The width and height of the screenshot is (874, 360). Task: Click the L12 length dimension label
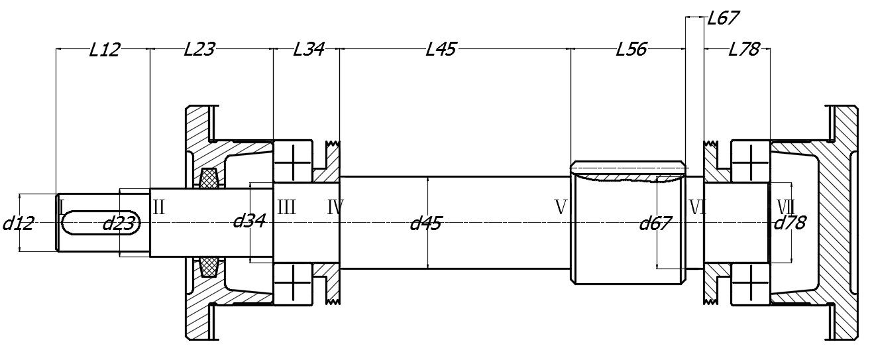104,50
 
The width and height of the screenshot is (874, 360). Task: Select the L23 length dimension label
199,49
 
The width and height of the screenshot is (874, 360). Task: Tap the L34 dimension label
308,49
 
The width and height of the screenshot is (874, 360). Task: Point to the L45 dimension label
441,49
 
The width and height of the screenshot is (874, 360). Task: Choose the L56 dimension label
631,49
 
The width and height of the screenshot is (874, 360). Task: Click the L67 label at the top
722,18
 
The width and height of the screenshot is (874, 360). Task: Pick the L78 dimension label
743,49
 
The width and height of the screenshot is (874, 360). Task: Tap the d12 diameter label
18,223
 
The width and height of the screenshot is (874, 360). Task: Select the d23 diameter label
119,223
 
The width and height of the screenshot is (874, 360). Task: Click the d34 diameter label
249,221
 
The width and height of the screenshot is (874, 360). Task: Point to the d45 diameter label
425,223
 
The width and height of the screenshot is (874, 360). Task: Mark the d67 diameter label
655,223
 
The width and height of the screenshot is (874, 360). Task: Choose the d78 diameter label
790,223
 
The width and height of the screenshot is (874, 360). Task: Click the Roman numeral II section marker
159,207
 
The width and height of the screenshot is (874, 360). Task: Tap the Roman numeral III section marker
286,208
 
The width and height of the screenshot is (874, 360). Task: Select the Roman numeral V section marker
561,208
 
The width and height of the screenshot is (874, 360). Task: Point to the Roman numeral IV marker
335,208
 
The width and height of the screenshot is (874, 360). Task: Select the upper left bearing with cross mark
292,161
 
